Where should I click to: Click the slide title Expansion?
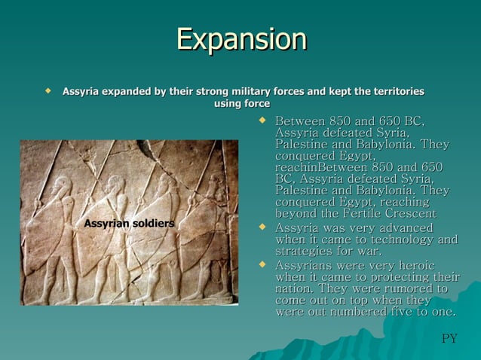pos(241,39)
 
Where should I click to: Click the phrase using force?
pos(241,103)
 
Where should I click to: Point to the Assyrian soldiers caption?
pos(129,224)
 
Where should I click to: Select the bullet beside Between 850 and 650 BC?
pos(262,120)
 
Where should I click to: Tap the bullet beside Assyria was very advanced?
pos(262,226)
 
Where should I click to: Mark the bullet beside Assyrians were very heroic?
pos(262,264)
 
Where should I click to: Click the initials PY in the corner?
pos(449,338)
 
